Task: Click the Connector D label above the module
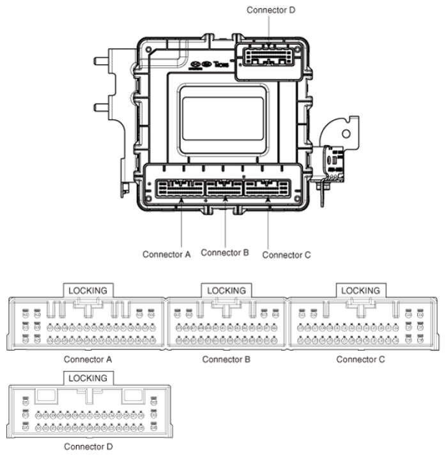click(271, 10)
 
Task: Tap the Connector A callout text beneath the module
click(167, 254)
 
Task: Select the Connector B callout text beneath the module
click(225, 252)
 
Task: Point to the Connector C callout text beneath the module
click(286, 254)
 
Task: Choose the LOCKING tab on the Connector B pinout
click(226, 291)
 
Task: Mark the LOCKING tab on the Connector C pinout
click(360, 291)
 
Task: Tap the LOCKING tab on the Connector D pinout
click(88, 378)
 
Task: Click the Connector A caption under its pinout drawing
click(88, 360)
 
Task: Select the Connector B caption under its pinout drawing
click(226, 360)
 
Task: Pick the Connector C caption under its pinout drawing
click(361, 360)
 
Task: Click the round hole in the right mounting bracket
click(346, 133)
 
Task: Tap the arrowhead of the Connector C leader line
click(268, 199)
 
